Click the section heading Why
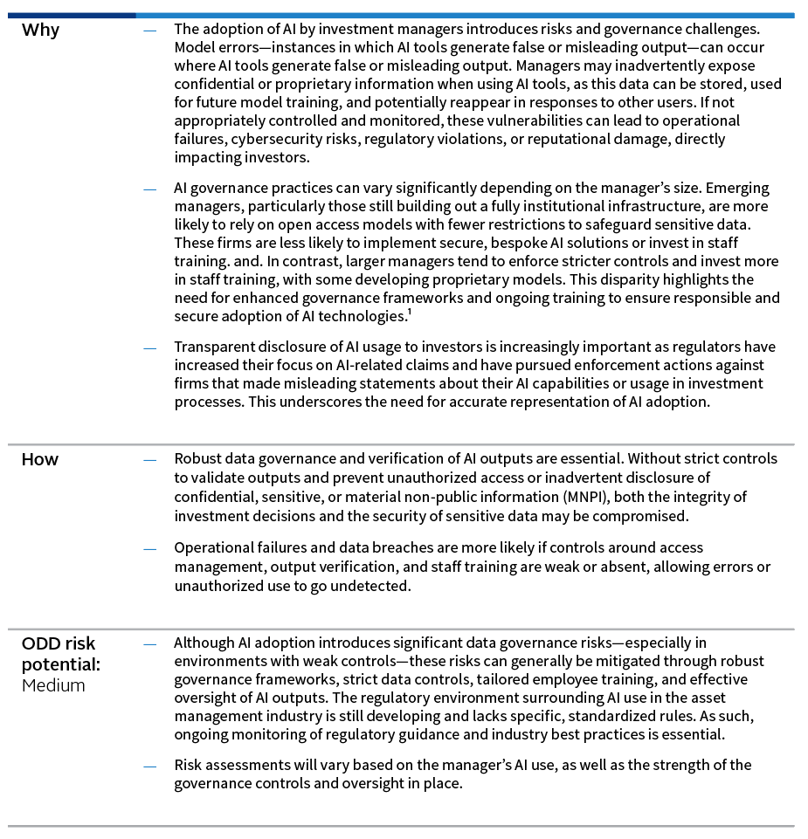[40, 31]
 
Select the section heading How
[40, 459]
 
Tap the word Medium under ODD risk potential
[53, 685]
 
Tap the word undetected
[373, 585]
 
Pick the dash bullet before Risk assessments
[150, 766]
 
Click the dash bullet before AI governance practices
[150, 189]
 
